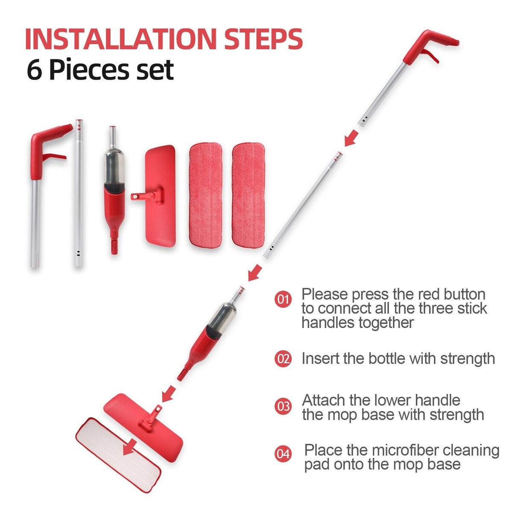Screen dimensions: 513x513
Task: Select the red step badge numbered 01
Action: tap(283, 299)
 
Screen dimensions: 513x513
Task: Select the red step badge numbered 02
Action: tap(283, 359)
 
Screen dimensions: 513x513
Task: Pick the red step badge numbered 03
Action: tap(283, 406)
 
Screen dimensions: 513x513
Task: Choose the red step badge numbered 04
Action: tap(283, 453)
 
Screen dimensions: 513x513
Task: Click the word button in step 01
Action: tap(464, 295)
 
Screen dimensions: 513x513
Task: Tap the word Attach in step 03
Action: tap(323, 400)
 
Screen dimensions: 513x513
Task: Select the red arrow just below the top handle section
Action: tap(351, 138)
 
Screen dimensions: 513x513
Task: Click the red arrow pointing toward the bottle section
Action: tap(255, 272)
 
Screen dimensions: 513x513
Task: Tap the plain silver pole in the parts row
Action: tap(78, 192)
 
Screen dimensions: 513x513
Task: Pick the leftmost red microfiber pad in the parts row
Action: tap(205, 195)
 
